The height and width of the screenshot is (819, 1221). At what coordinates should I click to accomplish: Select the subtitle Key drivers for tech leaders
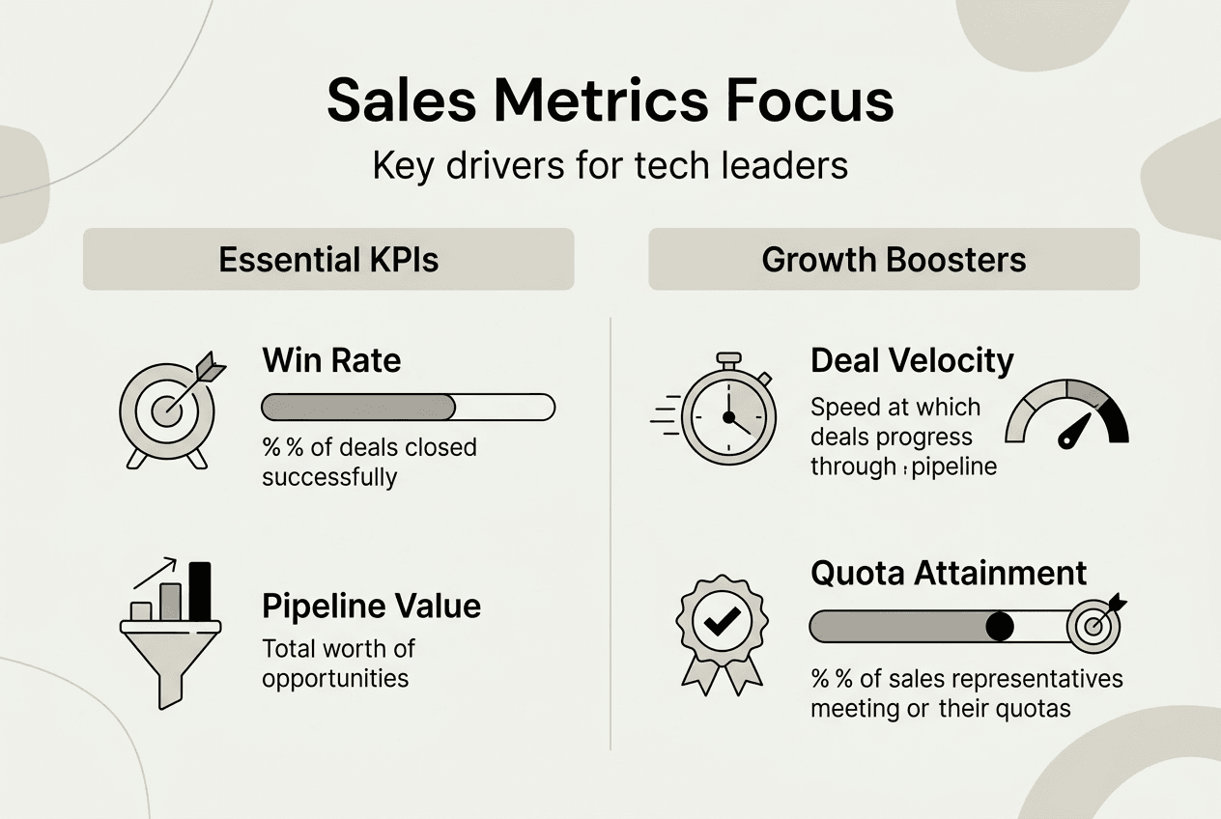pyautogui.click(x=610, y=165)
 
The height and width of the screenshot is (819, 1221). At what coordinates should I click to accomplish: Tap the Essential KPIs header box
pyautogui.click(x=328, y=259)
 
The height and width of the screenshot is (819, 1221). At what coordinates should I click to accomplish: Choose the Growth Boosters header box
pyautogui.click(x=894, y=259)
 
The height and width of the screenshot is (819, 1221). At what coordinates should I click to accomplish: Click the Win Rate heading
pyautogui.click(x=331, y=361)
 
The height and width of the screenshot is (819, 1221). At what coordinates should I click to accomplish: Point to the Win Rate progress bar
pyautogui.click(x=409, y=407)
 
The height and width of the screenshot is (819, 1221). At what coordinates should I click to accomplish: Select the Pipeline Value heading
pyautogui.click(x=371, y=607)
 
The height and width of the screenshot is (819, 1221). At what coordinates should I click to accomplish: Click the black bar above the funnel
pyautogui.click(x=200, y=590)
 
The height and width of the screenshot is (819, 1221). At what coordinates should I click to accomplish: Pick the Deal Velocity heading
pyautogui.click(x=912, y=361)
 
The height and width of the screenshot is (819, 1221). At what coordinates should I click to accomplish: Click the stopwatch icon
pyautogui.click(x=727, y=412)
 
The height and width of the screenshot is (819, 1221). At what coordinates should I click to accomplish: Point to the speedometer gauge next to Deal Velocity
pyautogui.click(x=1066, y=412)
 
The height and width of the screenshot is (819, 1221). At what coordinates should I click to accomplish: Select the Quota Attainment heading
pyautogui.click(x=949, y=573)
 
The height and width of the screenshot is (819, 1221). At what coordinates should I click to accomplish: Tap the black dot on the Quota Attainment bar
pyautogui.click(x=1000, y=627)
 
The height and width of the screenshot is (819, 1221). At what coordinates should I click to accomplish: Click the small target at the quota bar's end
pyautogui.click(x=1094, y=626)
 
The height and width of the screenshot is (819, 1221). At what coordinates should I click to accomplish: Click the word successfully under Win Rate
pyautogui.click(x=329, y=477)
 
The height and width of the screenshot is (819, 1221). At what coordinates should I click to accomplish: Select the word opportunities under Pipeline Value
pyautogui.click(x=335, y=677)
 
